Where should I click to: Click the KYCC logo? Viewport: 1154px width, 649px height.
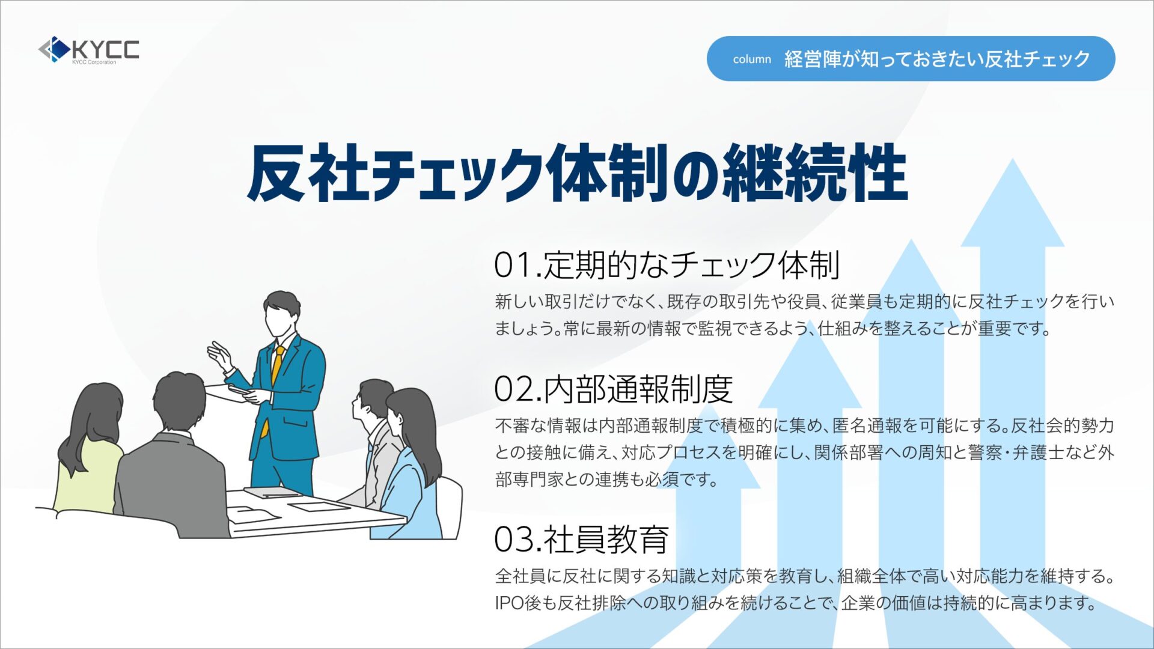[88, 50]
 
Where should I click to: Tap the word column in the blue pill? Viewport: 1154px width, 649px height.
[752, 59]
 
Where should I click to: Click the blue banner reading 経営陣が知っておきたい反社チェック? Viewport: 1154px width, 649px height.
[911, 58]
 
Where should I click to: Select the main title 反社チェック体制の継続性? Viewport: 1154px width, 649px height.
[577, 173]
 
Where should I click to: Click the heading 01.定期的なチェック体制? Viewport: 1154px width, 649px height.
[667, 265]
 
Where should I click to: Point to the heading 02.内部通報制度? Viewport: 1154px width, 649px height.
[614, 389]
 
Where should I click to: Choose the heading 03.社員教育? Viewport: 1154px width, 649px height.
[581, 539]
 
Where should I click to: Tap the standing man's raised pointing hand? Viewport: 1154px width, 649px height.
[219, 355]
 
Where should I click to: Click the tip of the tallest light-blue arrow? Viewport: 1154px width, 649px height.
[1013, 159]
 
